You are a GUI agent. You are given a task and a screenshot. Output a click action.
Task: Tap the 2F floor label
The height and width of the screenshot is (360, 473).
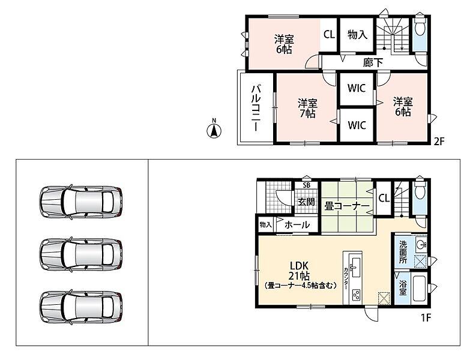pos(439,141)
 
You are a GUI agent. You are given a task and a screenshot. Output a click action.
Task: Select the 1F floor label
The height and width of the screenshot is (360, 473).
pos(426,318)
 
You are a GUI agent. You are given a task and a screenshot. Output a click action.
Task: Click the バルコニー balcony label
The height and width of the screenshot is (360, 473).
pos(256,108)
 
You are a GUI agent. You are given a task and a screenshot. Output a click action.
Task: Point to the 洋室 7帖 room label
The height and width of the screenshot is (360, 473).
pos(307,109)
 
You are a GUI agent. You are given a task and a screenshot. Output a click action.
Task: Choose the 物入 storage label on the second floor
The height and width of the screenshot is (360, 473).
pos(357,34)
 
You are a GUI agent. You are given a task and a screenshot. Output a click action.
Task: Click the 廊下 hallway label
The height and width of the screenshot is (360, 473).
pos(373,63)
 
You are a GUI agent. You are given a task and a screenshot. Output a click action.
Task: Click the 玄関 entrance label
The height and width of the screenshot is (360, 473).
pos(307,202)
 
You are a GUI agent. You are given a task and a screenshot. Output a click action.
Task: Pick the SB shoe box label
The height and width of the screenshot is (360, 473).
pos(307,185)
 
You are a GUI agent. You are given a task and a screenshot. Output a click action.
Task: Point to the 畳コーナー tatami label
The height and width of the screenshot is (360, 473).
pos(347,206)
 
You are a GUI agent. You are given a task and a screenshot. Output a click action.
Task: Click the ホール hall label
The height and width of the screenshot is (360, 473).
pos(297,224)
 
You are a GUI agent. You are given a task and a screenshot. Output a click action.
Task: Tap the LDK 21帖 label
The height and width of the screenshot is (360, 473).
pos(300,271)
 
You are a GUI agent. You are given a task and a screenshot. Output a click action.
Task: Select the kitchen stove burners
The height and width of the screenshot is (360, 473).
pos(356,295)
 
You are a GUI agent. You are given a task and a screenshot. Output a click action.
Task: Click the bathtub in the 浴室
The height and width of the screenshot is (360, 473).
pos(419,289)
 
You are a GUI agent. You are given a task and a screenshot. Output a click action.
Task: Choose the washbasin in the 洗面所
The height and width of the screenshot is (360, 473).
pos(421,244)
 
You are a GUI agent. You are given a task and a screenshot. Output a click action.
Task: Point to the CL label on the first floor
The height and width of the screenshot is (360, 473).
pos(384,198)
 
